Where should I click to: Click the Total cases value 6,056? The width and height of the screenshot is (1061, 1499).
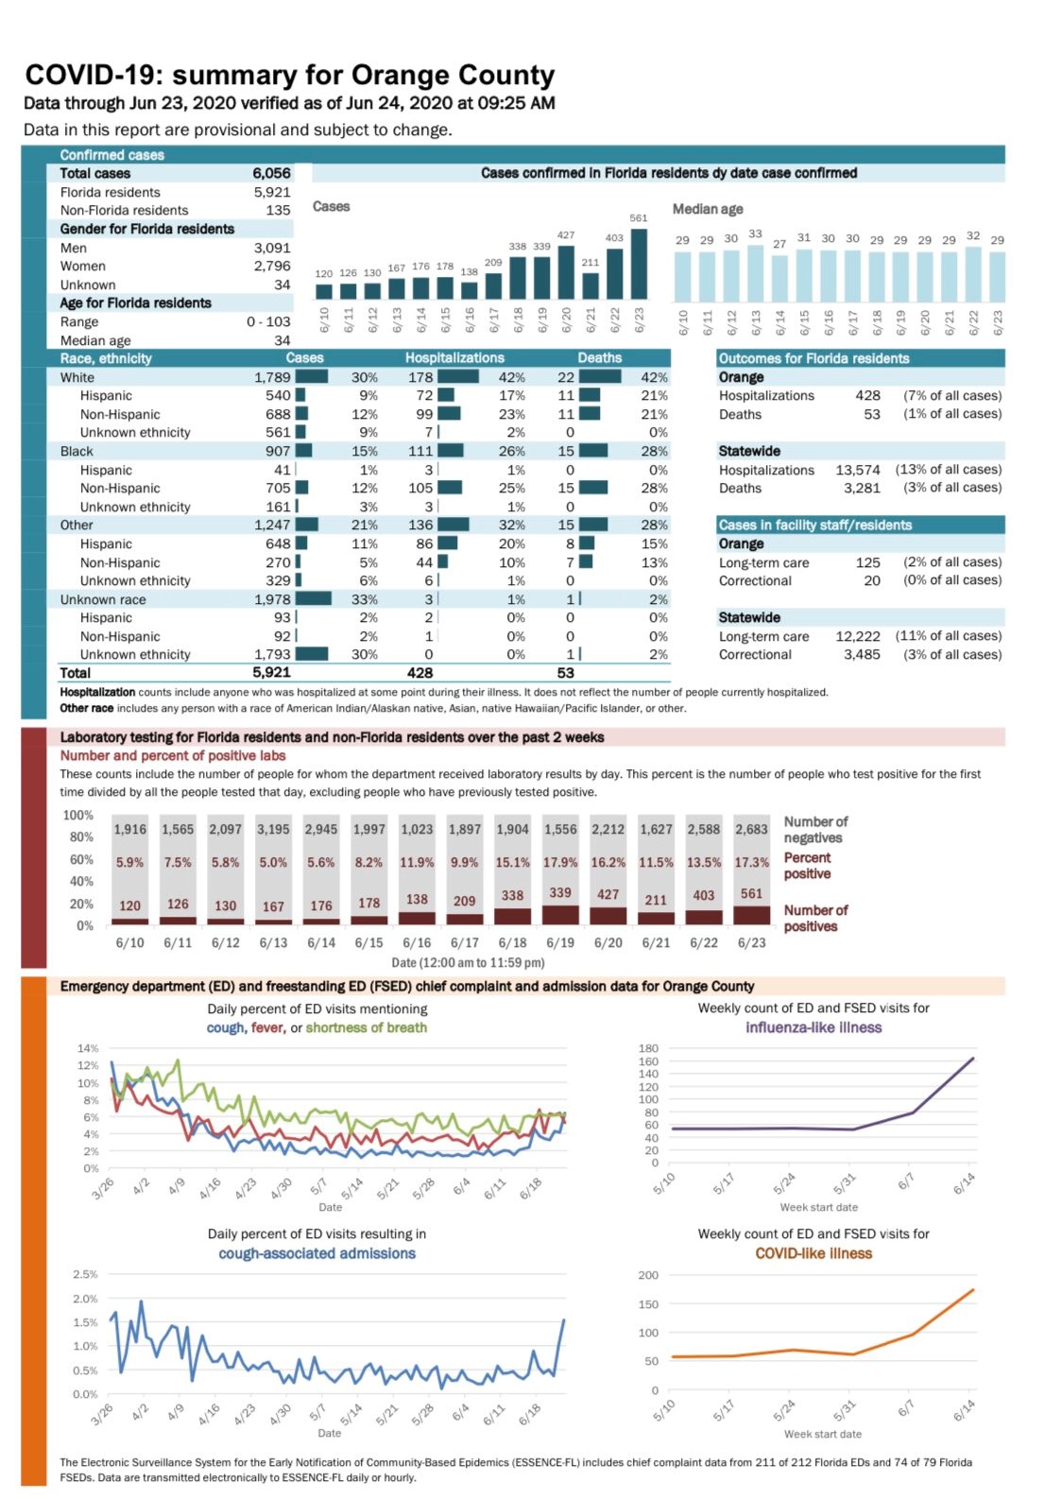[271, 173]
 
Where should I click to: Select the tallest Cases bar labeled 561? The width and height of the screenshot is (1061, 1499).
[639, 264]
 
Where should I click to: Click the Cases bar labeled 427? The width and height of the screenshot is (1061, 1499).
[566, 272]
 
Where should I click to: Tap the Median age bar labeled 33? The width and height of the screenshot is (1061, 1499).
[755, 274]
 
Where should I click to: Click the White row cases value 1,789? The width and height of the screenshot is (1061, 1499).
[272, 377]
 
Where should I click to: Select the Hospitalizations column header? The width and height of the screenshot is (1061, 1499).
[454, 358]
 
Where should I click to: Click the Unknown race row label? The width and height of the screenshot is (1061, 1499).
[103, 599]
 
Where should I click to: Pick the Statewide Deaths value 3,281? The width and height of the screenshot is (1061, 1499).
[862, 488]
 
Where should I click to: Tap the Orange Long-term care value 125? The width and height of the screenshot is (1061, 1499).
[867, 562]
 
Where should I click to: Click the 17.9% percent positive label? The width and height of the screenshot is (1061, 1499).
[560, 862]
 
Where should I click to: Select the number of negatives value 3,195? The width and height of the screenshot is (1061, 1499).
[273, 829]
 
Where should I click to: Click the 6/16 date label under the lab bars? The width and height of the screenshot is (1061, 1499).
[417, 942]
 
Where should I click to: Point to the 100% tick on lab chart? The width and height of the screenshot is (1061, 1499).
[78, 815]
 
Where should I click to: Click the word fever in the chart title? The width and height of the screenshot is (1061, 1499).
[268, 1027]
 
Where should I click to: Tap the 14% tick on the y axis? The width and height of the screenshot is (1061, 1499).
[88, 1048]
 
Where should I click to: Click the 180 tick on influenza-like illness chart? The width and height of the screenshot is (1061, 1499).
[648, 1048]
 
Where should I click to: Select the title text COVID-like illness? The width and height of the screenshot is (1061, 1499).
[813, 1253]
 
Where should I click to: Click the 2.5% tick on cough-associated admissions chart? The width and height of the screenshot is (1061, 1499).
[85, 1274]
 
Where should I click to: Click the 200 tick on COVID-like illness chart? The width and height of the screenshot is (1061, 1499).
[648, 1275]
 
